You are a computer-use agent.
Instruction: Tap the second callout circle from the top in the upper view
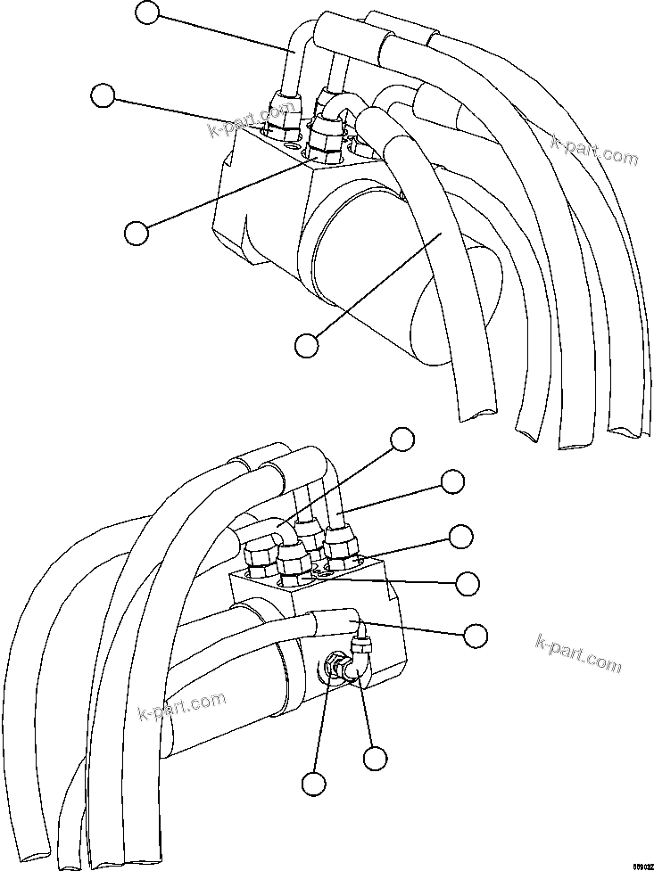pyautogui.click(x=104, y=95)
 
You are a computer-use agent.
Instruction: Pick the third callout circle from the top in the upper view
pyautogui.click(x=137, y=232)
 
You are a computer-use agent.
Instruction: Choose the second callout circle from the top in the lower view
pyautogui.click(x=453, y=481)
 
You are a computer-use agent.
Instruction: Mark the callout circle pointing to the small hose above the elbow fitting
pyautogui.click(x=476, y=635)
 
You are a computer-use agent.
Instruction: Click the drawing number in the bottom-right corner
pyautogui.click(x=641, y=865)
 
